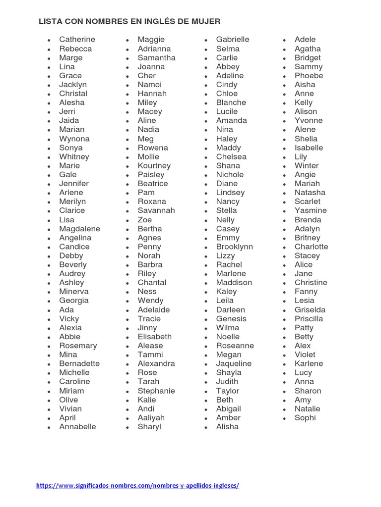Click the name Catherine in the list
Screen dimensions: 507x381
[77, 40]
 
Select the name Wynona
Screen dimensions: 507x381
[74, 139]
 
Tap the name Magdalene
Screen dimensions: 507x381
[79, 229]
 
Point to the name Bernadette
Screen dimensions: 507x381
[79, 363]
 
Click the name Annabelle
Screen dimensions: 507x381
[77, 427]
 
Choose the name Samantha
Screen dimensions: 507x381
[156, 57]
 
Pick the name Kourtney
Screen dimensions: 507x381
[154, 165]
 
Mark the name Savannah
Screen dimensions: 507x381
[156, 210]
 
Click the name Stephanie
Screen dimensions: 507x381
[156, 391]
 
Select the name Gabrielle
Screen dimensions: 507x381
[233, 40]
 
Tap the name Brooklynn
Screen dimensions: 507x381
[234, 247]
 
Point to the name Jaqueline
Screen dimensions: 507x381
[234, 363]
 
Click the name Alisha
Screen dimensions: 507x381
[227, 427]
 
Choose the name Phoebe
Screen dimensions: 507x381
[309, 76]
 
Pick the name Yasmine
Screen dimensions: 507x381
[311, 210]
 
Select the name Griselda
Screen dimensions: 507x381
[310, 310]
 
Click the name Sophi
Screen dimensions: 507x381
[305, 418]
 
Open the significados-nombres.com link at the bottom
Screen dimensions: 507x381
[137, 486]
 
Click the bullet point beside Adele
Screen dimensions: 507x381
[285, 40]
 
